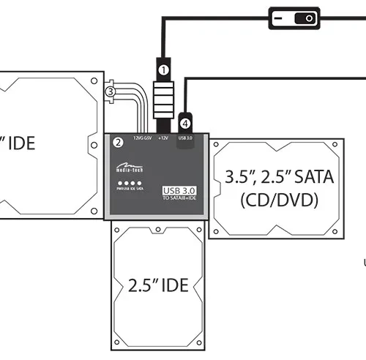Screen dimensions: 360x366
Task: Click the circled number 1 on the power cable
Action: [164, 69]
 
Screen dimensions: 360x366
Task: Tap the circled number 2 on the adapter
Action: [117, 142]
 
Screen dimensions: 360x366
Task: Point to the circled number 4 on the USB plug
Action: [186, 123]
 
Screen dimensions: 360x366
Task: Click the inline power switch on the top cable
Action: [295, 18]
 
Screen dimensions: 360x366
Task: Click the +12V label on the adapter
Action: [163, 137]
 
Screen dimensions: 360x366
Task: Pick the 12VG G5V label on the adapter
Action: [141, 137]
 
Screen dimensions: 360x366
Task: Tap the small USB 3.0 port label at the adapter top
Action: [184, 137]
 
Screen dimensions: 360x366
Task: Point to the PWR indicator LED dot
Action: [119, 183]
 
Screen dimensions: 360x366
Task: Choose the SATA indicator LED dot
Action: [139, 183]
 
